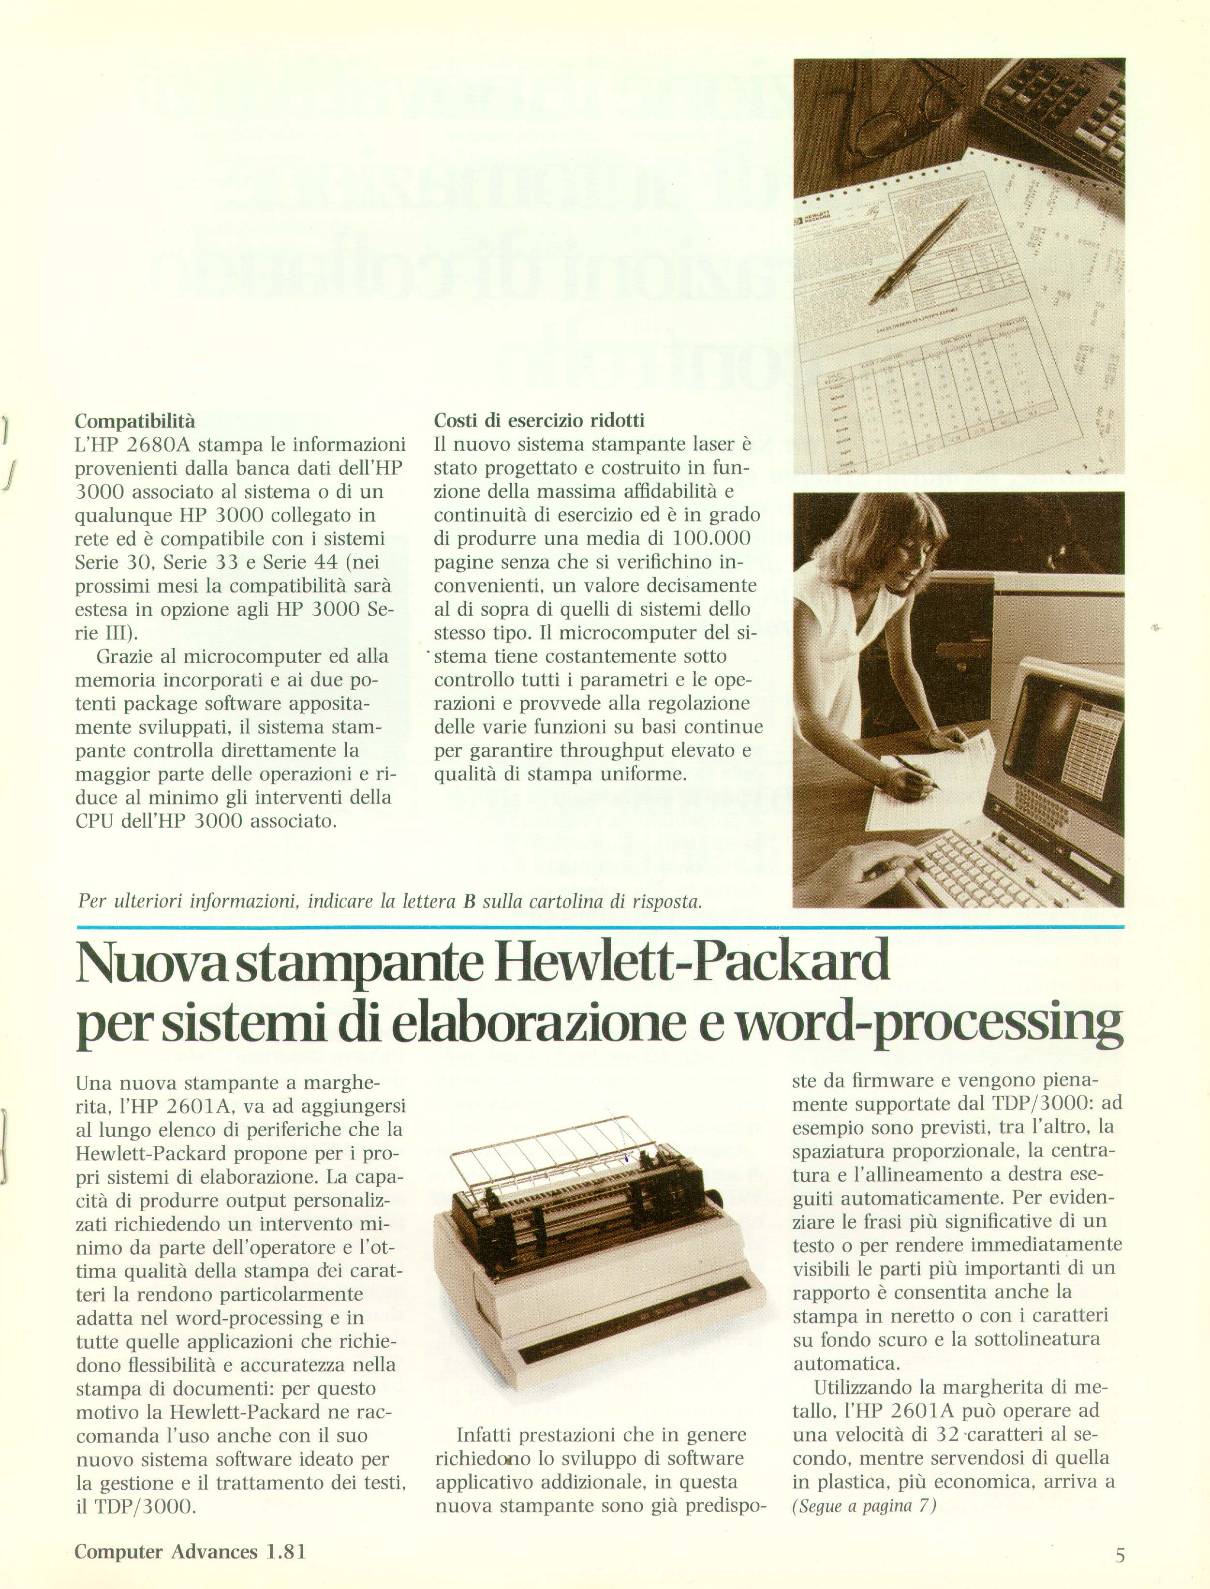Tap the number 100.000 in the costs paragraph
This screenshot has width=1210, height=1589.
point(711,538)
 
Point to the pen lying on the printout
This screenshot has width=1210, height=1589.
point(922,249)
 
